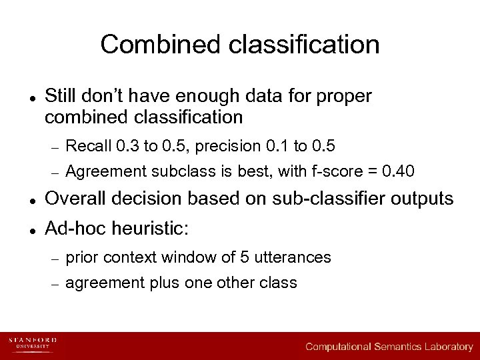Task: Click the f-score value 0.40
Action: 398,171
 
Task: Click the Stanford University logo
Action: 32,344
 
